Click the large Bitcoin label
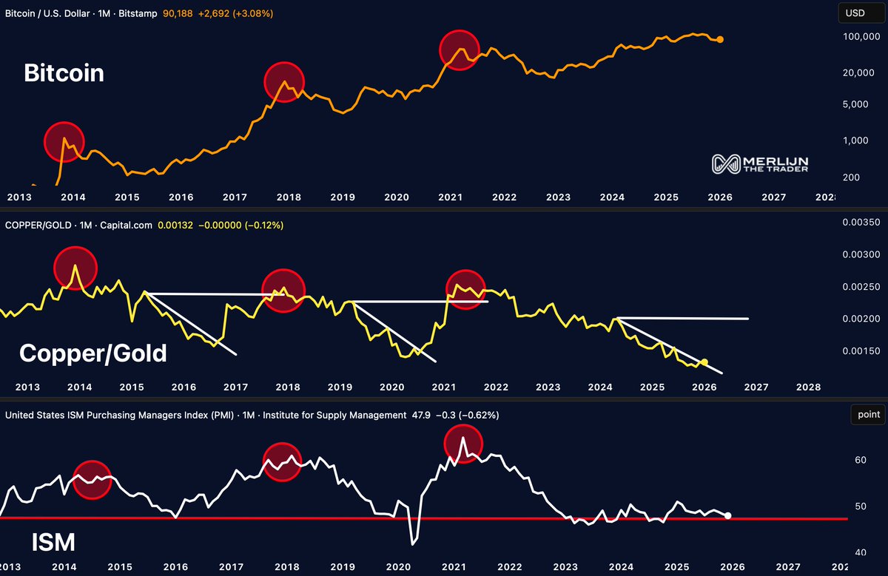click(64, 73)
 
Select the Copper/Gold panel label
click(93, 353)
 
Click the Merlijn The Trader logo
click(760, 164)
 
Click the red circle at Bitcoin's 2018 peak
click(284, 82)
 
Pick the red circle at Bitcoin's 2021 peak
click(460, 50)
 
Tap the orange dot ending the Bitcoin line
click(721, 39)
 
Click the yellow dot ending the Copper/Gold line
click(704, 362)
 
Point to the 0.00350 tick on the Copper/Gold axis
click(861, 223)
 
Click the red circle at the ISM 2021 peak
click(462, 444)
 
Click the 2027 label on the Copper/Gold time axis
click(755, 387)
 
